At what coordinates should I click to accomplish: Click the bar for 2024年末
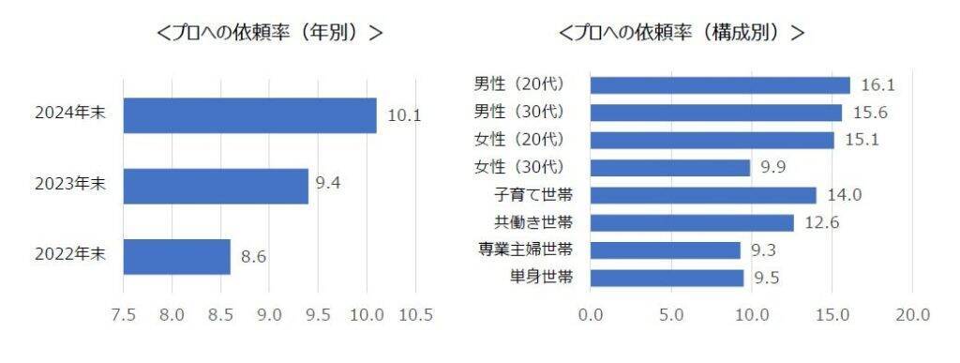tap(249, 115)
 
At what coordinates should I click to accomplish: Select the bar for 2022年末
tap(176, 256)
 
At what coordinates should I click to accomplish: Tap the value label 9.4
tap(327, 184)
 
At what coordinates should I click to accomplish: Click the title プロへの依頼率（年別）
tap(270, 32)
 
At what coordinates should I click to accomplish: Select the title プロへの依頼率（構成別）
tap(682, 32)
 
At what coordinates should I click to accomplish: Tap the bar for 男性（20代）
tap(720, 85)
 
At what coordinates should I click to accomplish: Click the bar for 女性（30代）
tap(670, 168)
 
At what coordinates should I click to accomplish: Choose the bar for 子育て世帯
tap(703, 195)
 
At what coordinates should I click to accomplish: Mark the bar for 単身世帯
tap(667, 278)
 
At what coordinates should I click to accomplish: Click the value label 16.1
tap(877, 85)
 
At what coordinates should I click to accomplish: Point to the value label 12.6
tap(821, 223)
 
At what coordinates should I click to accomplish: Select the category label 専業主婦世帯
tap(527, 250)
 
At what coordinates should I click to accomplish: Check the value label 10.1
tap(404, 115)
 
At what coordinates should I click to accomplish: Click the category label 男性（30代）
tap(519, 113)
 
